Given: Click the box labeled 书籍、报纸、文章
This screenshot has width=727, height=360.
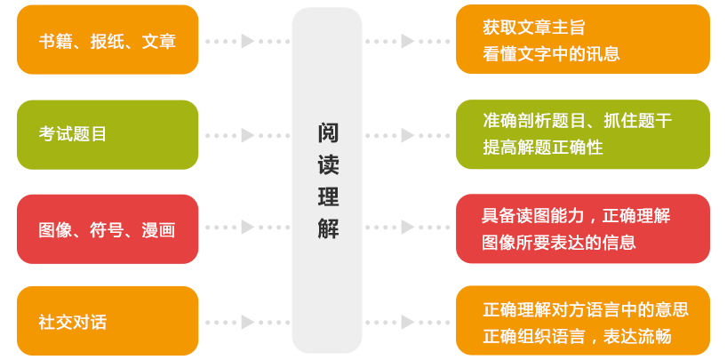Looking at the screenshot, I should coord(108,40).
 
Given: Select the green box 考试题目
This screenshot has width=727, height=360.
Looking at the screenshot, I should coord(108,134).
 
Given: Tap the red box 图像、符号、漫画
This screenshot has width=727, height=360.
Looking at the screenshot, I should coord(108,229).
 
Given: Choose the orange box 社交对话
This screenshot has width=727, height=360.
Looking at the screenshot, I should coord(108,321).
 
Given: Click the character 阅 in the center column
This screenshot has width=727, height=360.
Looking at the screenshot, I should coord(328,133).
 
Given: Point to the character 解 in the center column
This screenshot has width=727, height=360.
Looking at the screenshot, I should coord(328,228).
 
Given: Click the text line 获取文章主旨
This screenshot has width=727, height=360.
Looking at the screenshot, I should coord(534,28).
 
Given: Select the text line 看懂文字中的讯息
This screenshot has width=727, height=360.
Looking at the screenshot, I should coord(551,53).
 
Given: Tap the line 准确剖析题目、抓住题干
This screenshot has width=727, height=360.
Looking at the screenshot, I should coord(577,121).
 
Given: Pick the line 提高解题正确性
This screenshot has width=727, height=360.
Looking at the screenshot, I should coord(543,148).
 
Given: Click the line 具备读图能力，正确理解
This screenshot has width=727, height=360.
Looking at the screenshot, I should coord(576,215).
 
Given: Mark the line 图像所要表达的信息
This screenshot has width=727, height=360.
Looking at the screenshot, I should coord(559,242).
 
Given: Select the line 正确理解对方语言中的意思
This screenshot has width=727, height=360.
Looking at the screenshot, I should coord(586,309).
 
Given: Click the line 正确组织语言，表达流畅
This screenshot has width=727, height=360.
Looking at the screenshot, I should coord(577,336).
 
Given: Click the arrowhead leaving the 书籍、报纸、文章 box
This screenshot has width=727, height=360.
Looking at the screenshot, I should coord(248,41).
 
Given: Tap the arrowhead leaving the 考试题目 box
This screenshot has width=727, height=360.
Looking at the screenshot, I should coord(248,135).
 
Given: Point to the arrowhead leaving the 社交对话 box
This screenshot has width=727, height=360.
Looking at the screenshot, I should coord(248,322).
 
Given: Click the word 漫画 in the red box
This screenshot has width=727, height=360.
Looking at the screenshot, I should coord(158,230).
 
